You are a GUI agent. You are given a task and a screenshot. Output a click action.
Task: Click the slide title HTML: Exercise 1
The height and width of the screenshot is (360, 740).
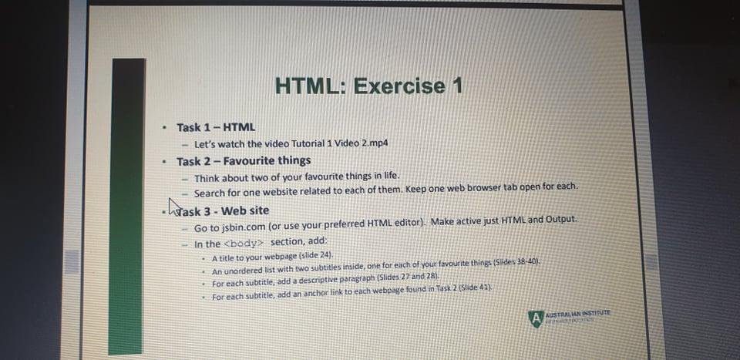(368, 86)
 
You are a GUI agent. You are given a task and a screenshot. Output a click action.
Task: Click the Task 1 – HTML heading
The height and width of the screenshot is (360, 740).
(216, 127)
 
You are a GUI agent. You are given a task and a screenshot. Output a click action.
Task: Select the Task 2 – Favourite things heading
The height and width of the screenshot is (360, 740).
(244, 161)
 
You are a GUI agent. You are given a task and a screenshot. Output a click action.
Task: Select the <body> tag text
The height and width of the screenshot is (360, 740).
(246, 244)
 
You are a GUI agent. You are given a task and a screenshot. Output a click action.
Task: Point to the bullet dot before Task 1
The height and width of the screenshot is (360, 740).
(164, 128)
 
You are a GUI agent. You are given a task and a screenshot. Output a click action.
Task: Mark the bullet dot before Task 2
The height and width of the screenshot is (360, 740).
(164, 162)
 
